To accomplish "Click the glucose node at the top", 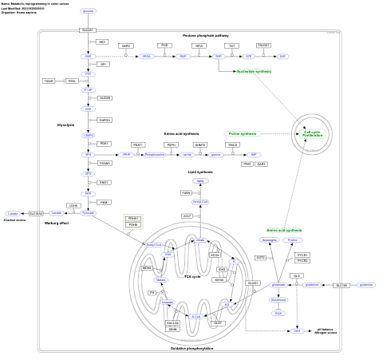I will pyautogui.click(x=88, y=10).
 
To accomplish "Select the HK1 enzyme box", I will pyautogui.click(x=102, y=42).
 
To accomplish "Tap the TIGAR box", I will pyautogui.click(x=49, y=81).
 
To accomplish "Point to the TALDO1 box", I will pyautogui.click(x=263, y=45).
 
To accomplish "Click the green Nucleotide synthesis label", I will pyautogui.click(x=254, y=71).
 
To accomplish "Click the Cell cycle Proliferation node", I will pyautogui.click(x=312, y=133).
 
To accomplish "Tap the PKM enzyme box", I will pyautogui.click(x=105, y=202).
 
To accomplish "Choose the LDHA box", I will pyautogui.click(x=73, y=205).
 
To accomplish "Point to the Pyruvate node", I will pyautogui.click(x=89, y=213).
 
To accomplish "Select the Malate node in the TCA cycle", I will pyautogui.click(x=161, y=280).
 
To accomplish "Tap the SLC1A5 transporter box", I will pyautogui.click(x=342, y=285).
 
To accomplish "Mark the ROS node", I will pyautogui.click(x=278, y=313).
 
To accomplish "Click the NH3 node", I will pyautogui.click(x=298, y=329).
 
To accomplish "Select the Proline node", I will pyautogui.click(x=293, y=239).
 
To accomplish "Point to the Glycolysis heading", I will pyautogui.click(x=65, y=125).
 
